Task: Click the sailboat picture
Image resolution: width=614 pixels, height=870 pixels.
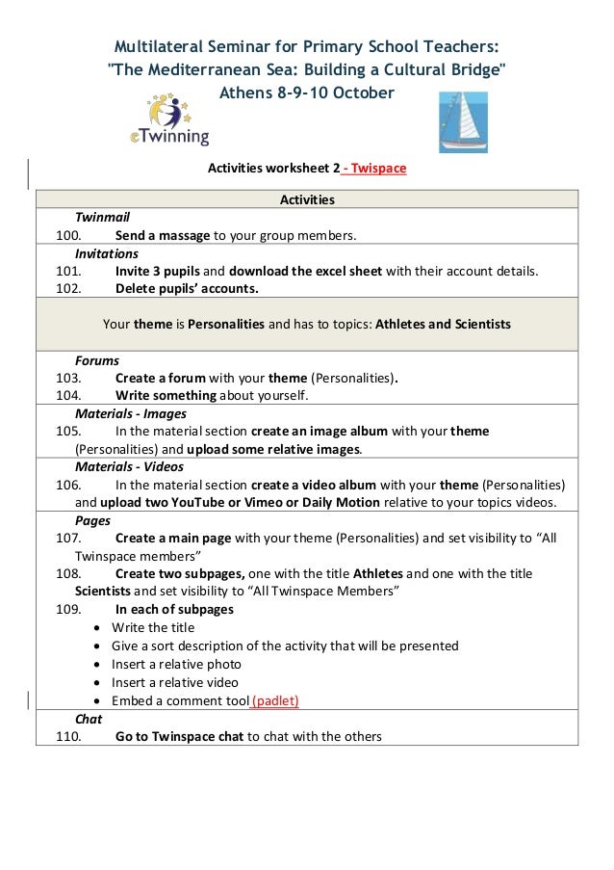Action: (463, 122)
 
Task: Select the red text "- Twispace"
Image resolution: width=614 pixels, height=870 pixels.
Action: (374, 169)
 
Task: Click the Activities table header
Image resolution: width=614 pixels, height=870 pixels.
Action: (307, 199)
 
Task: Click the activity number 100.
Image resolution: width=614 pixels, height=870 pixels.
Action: (67, 235)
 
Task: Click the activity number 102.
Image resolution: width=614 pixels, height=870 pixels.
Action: (67, 288)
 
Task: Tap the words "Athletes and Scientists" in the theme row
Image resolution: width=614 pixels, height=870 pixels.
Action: (443, 324)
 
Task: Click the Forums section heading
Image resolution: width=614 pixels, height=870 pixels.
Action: (97, 360)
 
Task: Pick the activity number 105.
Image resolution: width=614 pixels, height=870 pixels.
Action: (67, 431)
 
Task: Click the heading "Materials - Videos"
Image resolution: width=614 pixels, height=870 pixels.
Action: (129, 466)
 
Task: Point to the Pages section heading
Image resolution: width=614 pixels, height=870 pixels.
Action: (92, 520)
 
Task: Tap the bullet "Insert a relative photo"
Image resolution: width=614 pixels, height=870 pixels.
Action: (176, 664)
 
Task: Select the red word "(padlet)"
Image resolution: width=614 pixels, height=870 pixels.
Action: (275, 700)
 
